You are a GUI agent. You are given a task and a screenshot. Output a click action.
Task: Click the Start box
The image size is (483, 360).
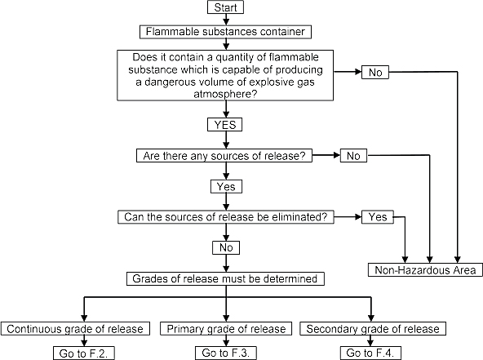pyautogui.click(x=225, y=7)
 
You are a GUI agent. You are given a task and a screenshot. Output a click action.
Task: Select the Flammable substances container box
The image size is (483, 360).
pyautogui.click(x=225, y=32)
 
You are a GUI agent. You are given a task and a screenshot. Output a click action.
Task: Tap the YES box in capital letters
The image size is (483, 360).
pyautogui.click(x=225, y=125)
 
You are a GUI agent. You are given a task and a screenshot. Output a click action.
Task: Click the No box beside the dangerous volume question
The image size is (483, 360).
pyautogui.click(x=375, y=72)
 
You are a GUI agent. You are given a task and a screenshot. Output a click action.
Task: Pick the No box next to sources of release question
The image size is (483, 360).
pyautogui.click(x=353, y=156)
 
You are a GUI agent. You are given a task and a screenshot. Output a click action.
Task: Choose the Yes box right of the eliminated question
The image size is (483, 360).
pyautogui.click(x=378, y=217)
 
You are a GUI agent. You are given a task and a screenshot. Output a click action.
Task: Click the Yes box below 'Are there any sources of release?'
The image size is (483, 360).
pyautogui.click(x=226, y=186)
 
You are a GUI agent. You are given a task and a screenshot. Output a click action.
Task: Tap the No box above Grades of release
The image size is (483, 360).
pyautogui.click(x=226, y=247)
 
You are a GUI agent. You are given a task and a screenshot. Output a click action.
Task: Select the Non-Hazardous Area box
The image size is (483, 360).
pyautogui.click(x=425, y=269)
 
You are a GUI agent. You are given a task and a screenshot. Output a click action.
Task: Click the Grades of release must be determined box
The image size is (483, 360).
pyautogui.click(x=225, y=278)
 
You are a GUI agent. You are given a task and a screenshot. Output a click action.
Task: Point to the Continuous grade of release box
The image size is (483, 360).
pyautogui.click(x=75, y=328)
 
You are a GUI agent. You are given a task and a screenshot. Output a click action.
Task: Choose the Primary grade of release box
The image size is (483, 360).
pyautogui.click(x=226, y=328)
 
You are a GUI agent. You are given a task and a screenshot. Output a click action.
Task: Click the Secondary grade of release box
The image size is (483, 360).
pyautogui.click(x=373, y=328)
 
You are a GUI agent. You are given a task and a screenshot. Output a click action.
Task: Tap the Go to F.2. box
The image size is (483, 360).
pyautogui.click(x=84, y=353)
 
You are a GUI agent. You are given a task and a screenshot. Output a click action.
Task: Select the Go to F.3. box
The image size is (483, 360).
pyautogui.click(x=226, y=353)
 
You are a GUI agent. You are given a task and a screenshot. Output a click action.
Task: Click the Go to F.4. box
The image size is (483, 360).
pyautogui.click(x=370, y=353)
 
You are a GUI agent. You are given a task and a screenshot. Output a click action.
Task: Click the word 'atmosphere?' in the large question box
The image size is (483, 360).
pyautogui.click(x=225, y=94)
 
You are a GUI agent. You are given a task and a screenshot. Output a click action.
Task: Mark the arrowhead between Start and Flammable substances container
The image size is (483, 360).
pyautogui.click(x=226, y=21)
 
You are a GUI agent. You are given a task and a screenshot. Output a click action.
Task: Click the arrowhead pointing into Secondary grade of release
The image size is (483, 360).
pyautogui.click(x=371, y=318)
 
